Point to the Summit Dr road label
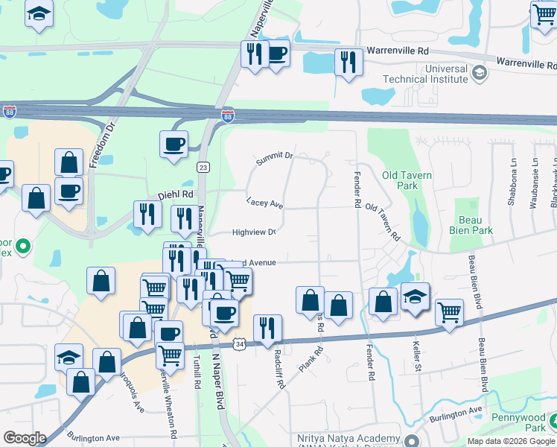click(x=275, y=158)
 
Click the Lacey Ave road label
click(x=265, y=203)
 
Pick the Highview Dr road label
click(x=254, y=232)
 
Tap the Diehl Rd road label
click(x=175, y=195)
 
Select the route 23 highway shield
click(x=203, y=168)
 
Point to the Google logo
click(x=25, y=437)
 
